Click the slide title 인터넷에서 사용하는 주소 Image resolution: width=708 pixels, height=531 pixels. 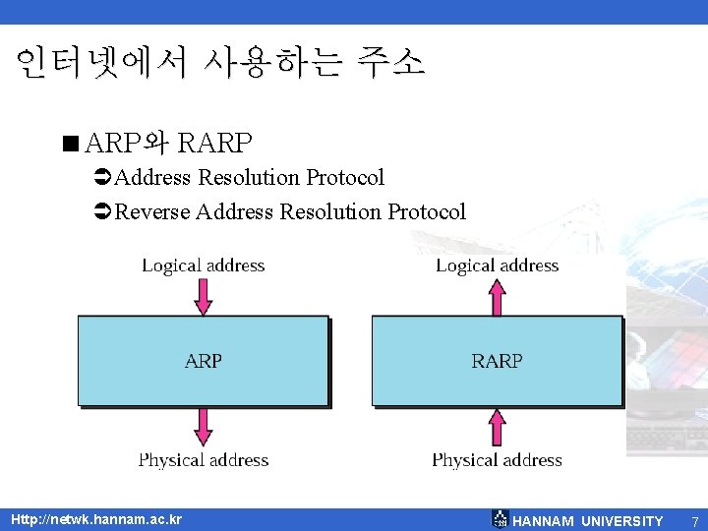220,64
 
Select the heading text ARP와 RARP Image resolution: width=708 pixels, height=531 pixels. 168,144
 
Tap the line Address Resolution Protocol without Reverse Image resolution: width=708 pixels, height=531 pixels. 249,178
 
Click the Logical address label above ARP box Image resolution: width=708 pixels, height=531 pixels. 204,265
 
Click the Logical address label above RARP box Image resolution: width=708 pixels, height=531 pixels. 497,265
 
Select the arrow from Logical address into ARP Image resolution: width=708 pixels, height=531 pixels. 204,295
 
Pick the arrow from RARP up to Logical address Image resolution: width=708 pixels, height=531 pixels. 497,295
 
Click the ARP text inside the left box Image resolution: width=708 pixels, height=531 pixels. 204,361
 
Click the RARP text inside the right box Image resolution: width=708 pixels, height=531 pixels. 497,361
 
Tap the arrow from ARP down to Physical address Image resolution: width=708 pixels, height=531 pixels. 204,427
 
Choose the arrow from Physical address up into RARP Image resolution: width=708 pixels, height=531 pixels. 497,427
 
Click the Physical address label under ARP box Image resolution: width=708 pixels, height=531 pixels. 204,459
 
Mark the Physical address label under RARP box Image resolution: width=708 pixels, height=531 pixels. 497,459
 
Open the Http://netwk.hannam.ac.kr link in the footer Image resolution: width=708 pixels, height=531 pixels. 95,518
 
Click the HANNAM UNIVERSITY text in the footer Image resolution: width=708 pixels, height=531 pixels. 588,521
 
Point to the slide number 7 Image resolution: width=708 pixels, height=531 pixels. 694,521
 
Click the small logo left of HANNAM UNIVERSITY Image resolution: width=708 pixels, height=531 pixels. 500,519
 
